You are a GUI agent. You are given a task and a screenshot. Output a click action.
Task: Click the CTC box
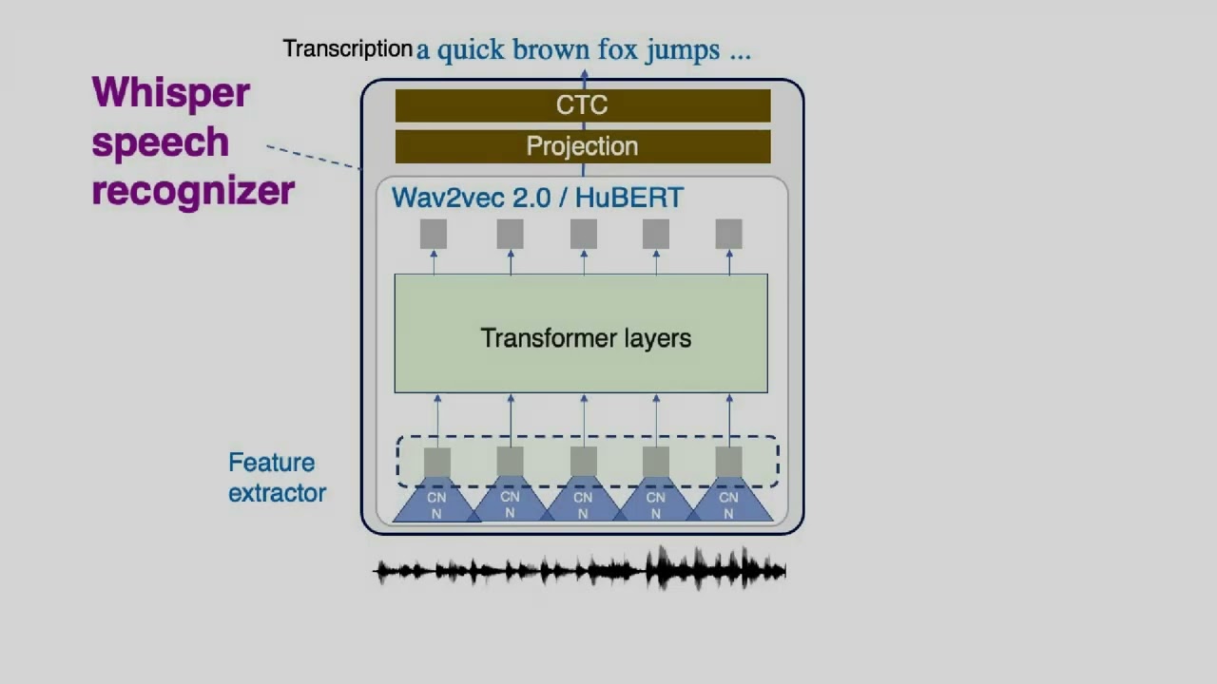(x=582, y=105)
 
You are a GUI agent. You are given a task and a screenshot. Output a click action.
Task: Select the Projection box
(x=582, y=146)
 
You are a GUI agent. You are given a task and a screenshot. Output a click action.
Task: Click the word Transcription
(x=347, y=48)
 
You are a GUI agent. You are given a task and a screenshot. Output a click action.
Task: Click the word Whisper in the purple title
(x=171, y=93)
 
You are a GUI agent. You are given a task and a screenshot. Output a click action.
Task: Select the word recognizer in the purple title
(x=193, y=191)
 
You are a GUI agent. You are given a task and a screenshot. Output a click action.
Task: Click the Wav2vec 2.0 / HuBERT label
(x=537, y=198)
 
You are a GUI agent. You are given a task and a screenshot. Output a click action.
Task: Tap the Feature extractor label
(x=276, y=478)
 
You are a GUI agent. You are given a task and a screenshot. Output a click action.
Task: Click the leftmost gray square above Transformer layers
(x=434, y=234)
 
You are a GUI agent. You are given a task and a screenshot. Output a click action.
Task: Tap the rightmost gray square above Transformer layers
(x=728, y=234)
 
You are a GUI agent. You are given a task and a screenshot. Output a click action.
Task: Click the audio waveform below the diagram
(x=580, y=570)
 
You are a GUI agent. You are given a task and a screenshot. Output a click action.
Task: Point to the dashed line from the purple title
(x=314, y=157)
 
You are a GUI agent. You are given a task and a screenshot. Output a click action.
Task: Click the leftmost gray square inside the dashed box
(x=436, y=462)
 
